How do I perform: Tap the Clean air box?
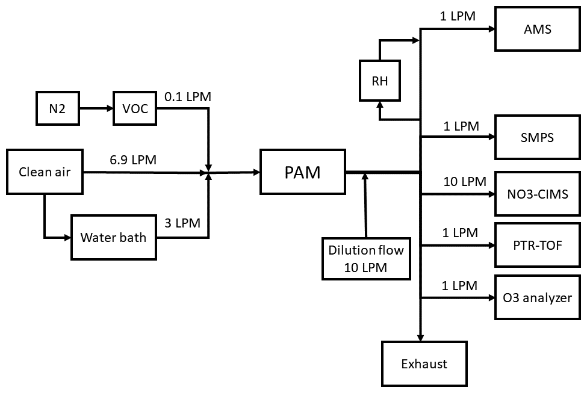(45, 172)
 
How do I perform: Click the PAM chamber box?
(302, 172)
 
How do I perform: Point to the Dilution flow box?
(365, 258)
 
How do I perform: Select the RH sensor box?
(380, 80)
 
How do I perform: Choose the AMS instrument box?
(538, 28)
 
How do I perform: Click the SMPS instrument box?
(538, 137)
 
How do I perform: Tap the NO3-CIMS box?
(538, 194)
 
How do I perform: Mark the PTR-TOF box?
(538, 245)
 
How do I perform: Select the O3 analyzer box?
(538, 297)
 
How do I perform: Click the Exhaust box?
(424, 364)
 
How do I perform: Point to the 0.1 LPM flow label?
(187, 96)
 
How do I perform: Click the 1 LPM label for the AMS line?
(458, 16)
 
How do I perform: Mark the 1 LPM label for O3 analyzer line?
(460, 285)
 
